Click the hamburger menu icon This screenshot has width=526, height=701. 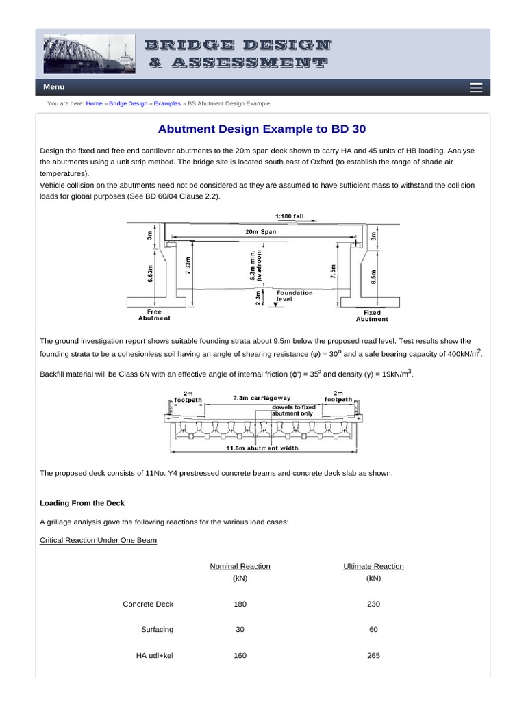pyautogui.click(x=477, y=88)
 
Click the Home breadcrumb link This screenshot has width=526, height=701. pyautogui.click(x=95, y=103)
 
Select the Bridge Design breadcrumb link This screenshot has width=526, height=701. pyautogui.click(x=128, y=103)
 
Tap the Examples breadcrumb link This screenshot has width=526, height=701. pyautogui.click(x=167, y=103)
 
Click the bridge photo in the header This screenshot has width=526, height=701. pyautogui.click(x=90, y=54)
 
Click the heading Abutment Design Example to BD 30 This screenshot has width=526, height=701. pyautogui.click(x=266, y=129)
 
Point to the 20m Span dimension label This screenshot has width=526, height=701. pyautogui.click(x=262, y=232)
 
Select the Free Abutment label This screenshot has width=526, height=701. pyautogui.click(x=154, y=315)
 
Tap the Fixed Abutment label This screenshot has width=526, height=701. pyautogui.click(x=372, y=316)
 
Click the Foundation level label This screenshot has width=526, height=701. pyautogui.click(x=295, y=296)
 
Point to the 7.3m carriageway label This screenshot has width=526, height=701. pyautogui.click(x=262, y=398)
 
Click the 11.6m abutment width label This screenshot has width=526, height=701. pyautogui.click(x=262, y=449)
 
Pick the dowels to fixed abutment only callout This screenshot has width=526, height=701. pyautogui.click(x=292, y=410)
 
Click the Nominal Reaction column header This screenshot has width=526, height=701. pyautogui.click(x=240, y=566)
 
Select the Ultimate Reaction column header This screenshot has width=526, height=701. pyautogui.click(x=373, y=566)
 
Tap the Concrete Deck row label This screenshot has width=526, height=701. pyautogui.click(x=148, y=604)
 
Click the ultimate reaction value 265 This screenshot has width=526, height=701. pyautogui.click(x=373, y=655)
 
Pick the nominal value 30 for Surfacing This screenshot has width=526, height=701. pyautogui.click(x=240, y=629)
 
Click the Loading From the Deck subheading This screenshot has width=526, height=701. pyautogui.click(x=82, y=503)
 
